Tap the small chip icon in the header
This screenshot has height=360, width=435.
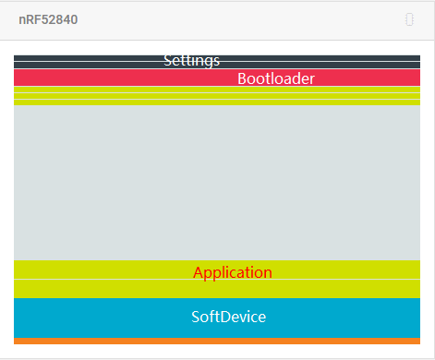tap(409, 19)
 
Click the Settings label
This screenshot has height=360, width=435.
tap(191, 61)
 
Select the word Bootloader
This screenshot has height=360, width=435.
tap(275, 78)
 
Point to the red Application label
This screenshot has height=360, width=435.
tap(232, 272)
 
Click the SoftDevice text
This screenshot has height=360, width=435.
tap(228, 317)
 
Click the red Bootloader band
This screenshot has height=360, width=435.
tap(111, 78)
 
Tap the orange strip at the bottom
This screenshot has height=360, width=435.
tap(217, 341)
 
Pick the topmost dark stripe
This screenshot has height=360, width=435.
tap(92, 58)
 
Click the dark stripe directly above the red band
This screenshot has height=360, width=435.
tap(92, 65)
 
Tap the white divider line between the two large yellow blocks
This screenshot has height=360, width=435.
tap(111, 279)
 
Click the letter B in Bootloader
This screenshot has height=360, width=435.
tap(242, 78)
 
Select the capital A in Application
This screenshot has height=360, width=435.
tap(199, 272)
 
